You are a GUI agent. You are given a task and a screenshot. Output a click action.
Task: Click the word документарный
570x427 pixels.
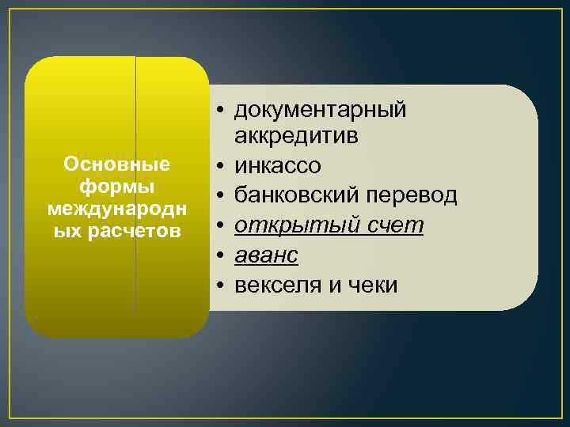click(x=321, y=110)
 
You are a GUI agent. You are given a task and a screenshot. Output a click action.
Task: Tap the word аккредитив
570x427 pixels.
click(x=296, y=137)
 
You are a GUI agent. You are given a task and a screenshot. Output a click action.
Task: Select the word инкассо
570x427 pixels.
click(x=277, y=166)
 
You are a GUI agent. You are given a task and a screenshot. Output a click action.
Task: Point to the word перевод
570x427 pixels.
click(x=416, y=195)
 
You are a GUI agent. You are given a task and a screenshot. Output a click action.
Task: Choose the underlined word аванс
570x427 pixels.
click(x=266, y=255)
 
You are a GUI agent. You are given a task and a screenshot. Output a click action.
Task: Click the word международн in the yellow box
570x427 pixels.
click(x=116, y=210)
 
